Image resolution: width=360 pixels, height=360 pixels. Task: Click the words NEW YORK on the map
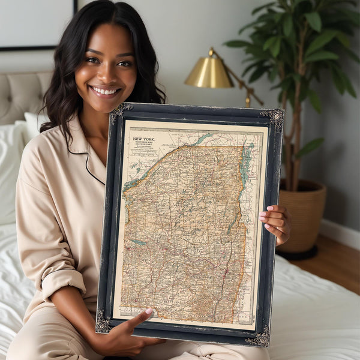tap(144, 139)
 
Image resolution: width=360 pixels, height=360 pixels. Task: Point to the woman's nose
tap(108, 72)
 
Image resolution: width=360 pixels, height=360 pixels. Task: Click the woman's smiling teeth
tap(106, 91)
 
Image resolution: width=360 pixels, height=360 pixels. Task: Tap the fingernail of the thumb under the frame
tap(149, 312)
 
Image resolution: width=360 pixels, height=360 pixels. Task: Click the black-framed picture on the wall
tap(36, 24)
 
